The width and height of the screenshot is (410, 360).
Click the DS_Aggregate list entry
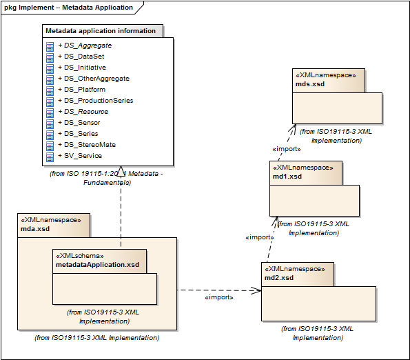[x=85, y=46]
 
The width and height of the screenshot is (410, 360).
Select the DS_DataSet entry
[x=81, y=57]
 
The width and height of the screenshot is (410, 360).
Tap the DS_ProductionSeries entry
[x=96, y=101]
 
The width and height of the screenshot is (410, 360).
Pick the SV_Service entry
[x=80, y=156]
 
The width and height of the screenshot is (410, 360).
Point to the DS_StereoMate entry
[x=87, y=145]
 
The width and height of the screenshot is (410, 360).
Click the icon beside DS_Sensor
[x=50, y=123]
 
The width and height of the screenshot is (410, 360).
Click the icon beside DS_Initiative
[x=50, y=68]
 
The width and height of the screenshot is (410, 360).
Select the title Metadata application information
[x=101, y=31]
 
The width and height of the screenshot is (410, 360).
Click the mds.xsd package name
[x=310, y=84]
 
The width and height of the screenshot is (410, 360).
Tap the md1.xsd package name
[x=287, y=177]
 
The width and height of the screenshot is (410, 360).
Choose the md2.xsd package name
[x=279, y=278]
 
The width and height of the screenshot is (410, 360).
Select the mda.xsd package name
[x=35, y=229]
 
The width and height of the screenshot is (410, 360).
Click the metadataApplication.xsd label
[x=98, y=265]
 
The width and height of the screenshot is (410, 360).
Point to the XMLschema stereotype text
[x=80, y=256]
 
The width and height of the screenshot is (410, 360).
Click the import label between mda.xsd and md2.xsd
[x=219, y=297]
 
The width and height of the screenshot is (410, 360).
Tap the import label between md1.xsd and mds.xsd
[x=287, y=149]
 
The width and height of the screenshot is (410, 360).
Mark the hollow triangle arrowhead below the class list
[x=121, y=171]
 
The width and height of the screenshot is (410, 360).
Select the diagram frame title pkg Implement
[x=68, y=8]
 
